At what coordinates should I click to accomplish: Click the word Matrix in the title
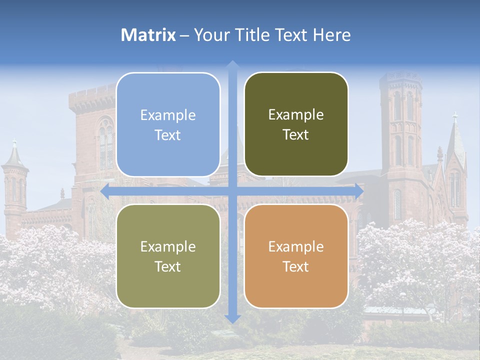point(148,35)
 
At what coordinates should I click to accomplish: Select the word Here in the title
point(331,35)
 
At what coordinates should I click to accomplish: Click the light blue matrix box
point(168,124)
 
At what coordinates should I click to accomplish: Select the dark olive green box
point(296,124)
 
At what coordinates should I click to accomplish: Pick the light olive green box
point(168,256)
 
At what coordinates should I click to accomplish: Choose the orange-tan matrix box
point(296,256)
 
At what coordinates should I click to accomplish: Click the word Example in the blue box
point(168,115)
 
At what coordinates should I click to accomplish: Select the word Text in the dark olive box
point(296,135)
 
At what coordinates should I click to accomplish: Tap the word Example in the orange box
point(296,246)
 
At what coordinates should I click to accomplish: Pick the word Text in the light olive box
point(168,266)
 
